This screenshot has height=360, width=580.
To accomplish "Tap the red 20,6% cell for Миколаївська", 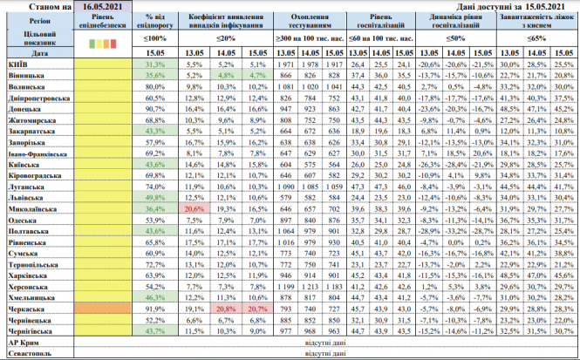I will (194, 209).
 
